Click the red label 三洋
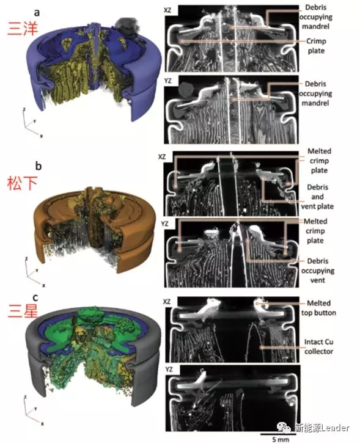(22, 28)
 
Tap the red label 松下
(22, 183)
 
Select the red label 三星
(22, 311)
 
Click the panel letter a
(37, 12)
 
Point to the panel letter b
(39, 166)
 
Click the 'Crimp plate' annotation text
(316, 46)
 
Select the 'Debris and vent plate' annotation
(317, 197)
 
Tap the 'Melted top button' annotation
(318, 308)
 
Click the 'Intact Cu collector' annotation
(318, 347)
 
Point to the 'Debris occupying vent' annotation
(317, 271)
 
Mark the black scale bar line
(274, 434)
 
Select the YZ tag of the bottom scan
(169, 369)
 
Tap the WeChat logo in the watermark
(284, 428)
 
